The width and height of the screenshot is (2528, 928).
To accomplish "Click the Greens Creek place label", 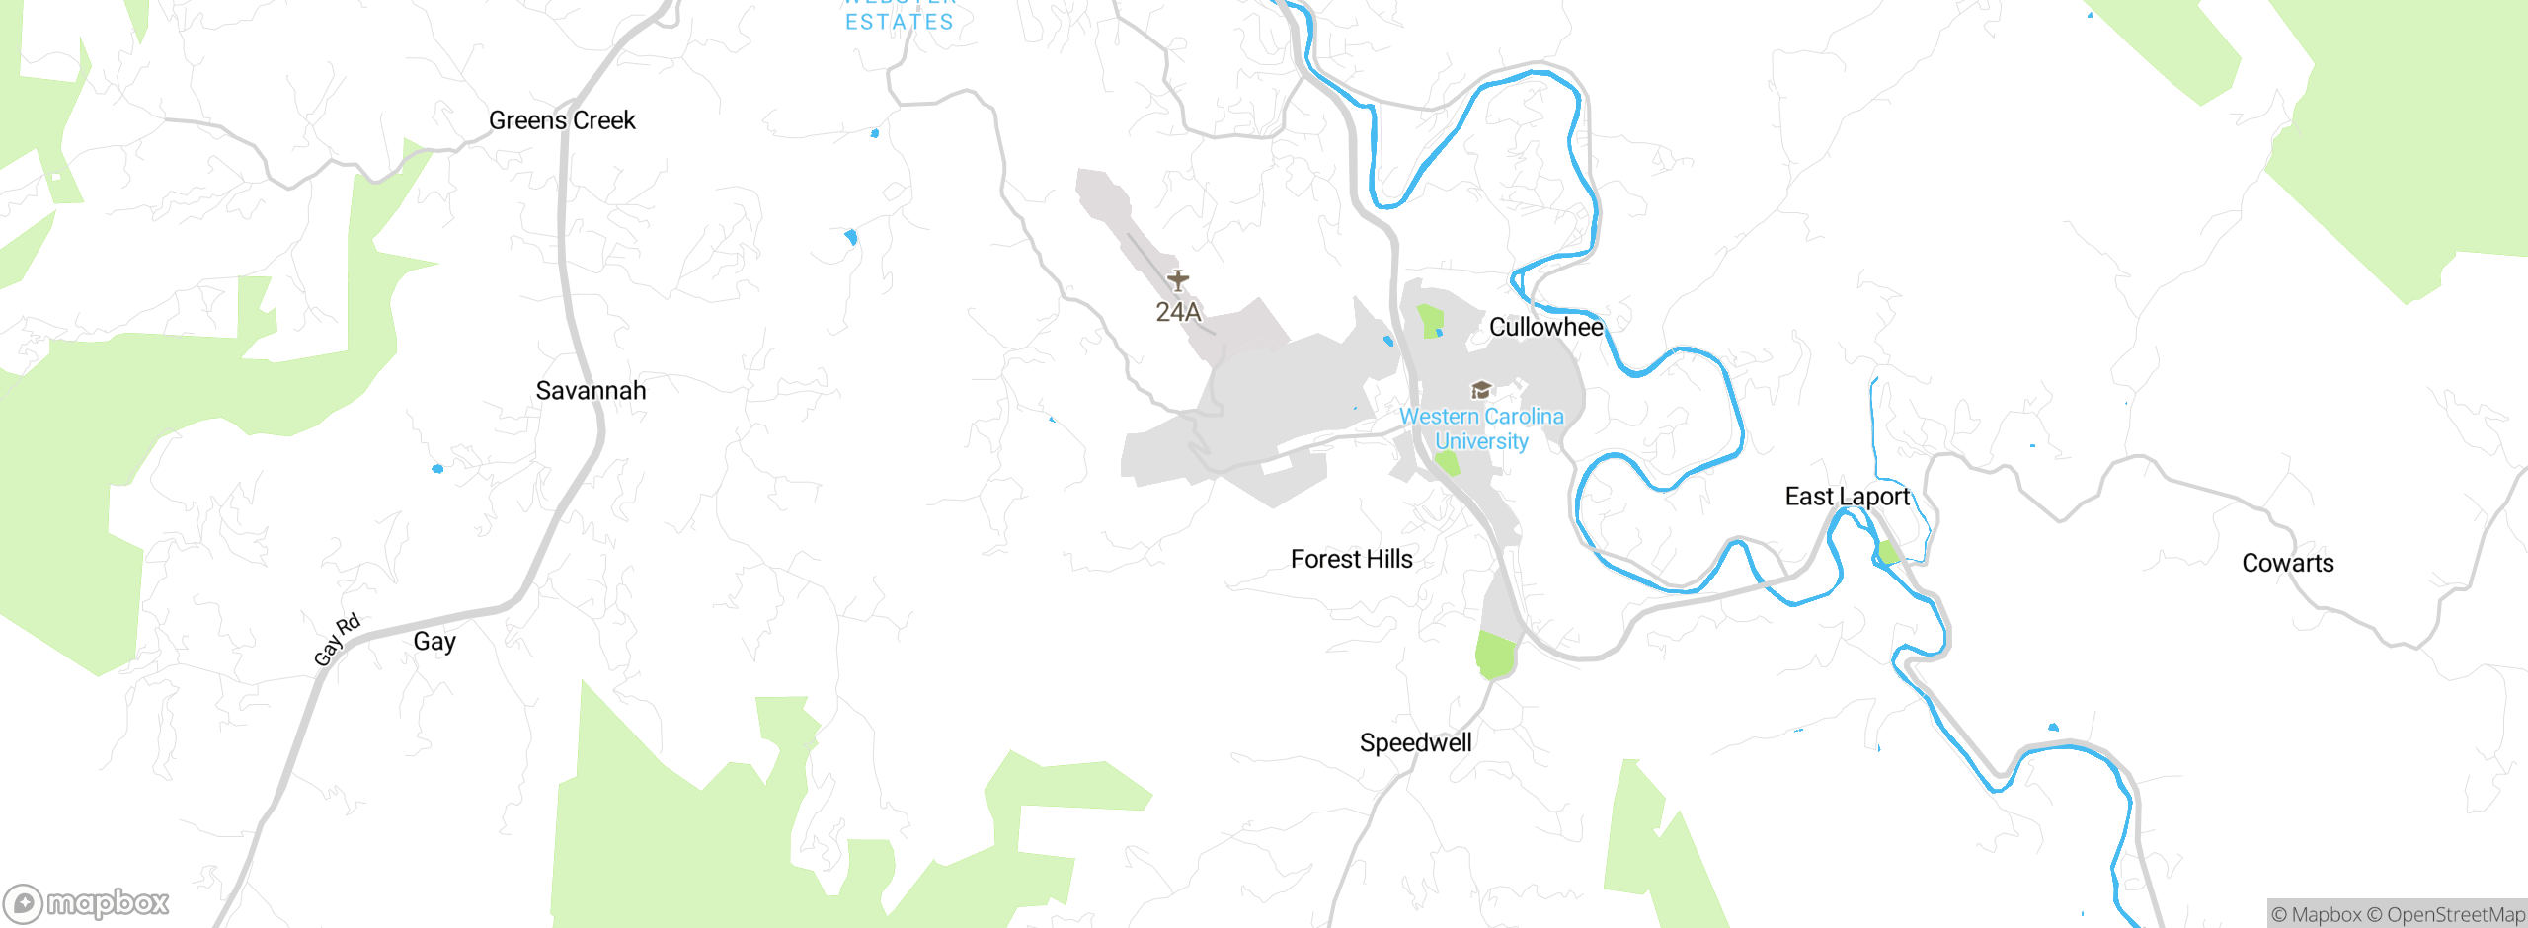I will [x=562, y=120].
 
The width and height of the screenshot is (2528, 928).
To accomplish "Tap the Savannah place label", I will [x=591, y=391].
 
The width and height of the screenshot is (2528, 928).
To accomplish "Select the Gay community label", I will [x=434, y=642].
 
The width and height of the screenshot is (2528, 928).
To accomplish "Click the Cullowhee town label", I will [x=1545, y=327].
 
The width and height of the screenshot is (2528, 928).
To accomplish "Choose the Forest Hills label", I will [x=1351, y=560].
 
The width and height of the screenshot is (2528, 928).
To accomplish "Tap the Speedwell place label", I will [x=1415, y=743].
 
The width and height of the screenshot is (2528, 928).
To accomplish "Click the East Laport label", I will [x=1847, y=497].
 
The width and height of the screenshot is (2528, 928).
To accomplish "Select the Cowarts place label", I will [x=2287, y=564].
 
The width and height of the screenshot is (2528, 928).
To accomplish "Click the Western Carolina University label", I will [x=1481, y=429].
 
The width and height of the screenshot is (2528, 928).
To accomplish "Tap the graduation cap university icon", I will [x=1481, y=390].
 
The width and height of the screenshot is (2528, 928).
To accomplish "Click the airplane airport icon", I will [x=1178, y=280].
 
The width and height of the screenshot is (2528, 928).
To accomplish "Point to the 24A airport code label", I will [x=1178, y=313].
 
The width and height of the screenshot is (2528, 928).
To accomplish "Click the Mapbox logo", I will [x=87, y=903].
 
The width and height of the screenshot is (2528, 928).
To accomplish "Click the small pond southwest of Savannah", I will [x=437, y=469].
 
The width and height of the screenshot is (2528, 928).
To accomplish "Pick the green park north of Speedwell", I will [x=1496, y=655].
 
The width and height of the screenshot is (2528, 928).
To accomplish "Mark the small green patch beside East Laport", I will [x=1888, y=552].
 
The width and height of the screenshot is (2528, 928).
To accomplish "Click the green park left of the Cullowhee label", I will [x=1429, y=321].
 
